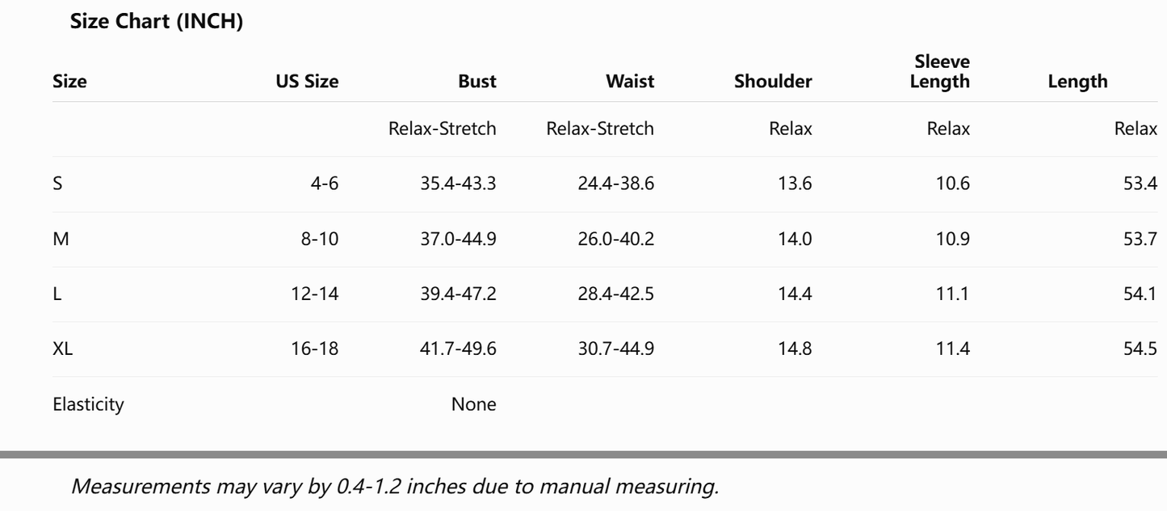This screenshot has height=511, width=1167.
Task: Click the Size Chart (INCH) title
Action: (157, 21)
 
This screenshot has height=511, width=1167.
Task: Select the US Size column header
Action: (308, 82)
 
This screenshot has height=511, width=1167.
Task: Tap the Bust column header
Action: (477, 82)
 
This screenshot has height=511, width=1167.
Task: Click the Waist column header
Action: (630, 82)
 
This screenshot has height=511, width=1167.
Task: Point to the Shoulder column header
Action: (773, 82)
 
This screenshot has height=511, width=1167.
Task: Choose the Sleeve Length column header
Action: (940, 72)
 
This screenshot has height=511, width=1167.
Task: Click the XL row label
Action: (62, 348)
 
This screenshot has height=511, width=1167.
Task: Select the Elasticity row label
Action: (88, 404)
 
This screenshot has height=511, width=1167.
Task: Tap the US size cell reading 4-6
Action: (325, 184)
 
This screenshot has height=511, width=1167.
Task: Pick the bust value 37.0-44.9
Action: (459, 239)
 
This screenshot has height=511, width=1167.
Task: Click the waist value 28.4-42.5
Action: (615, 294)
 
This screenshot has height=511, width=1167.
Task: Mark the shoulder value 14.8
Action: (795, 348)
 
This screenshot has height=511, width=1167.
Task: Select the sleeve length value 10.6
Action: (953, 184)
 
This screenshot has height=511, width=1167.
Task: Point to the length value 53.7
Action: (1140, 239)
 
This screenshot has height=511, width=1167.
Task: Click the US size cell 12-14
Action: (315, 294)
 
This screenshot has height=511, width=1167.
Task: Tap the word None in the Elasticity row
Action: (473, 404)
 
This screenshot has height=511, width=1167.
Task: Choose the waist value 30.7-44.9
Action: (615, 348)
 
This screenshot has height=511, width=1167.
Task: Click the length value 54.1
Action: (1140, 294)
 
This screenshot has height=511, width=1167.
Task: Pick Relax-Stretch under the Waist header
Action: (600, 129)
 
